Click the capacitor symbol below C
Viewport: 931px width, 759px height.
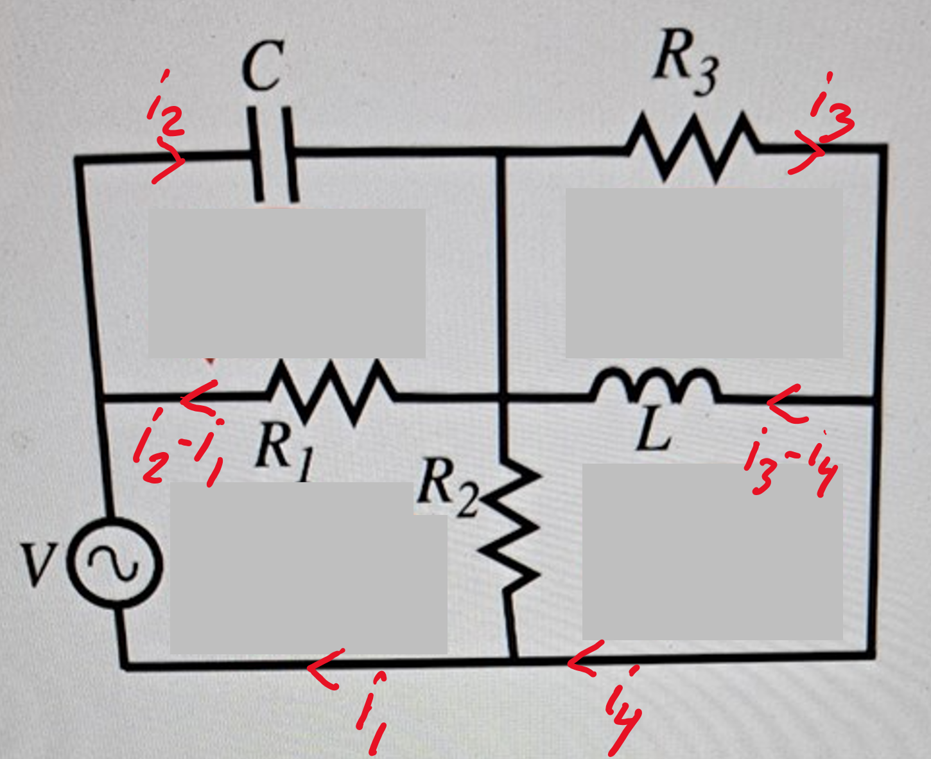[x=273, y=154]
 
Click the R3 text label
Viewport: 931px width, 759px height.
[x=684, y=64]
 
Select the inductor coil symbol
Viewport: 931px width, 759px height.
[x=655, y=385]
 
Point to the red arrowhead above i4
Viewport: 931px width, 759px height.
[x=584, y=658]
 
